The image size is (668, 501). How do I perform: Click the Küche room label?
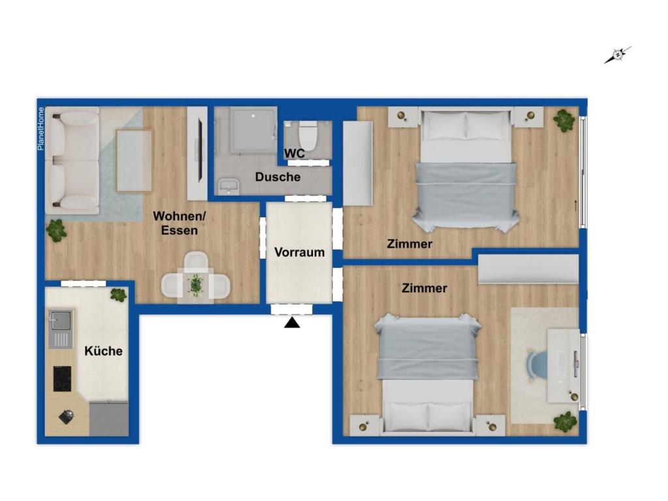[103, 351]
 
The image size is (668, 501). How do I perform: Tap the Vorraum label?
[299, 252]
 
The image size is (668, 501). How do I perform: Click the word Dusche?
[278, 177]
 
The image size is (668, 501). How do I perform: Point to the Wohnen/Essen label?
[175, 222]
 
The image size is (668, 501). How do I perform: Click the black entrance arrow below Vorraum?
[292, 322]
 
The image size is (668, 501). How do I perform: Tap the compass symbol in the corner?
[617, 55]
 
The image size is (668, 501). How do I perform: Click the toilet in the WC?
[307, 136]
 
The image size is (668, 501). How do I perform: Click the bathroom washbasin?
[228, 187]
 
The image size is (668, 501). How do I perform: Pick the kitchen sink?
[61, 320]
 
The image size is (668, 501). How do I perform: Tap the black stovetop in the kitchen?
[62, 378]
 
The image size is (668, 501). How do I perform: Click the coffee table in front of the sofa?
[134, 160]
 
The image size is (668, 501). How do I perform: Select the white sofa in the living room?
[72, 160]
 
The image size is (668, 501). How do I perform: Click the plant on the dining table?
[196, 285]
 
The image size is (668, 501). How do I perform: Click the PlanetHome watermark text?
[40, 129]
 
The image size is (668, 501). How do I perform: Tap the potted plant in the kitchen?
[118, 295]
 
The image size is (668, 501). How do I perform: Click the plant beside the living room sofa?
[57, 230]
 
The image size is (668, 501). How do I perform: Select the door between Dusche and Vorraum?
[305, 198]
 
